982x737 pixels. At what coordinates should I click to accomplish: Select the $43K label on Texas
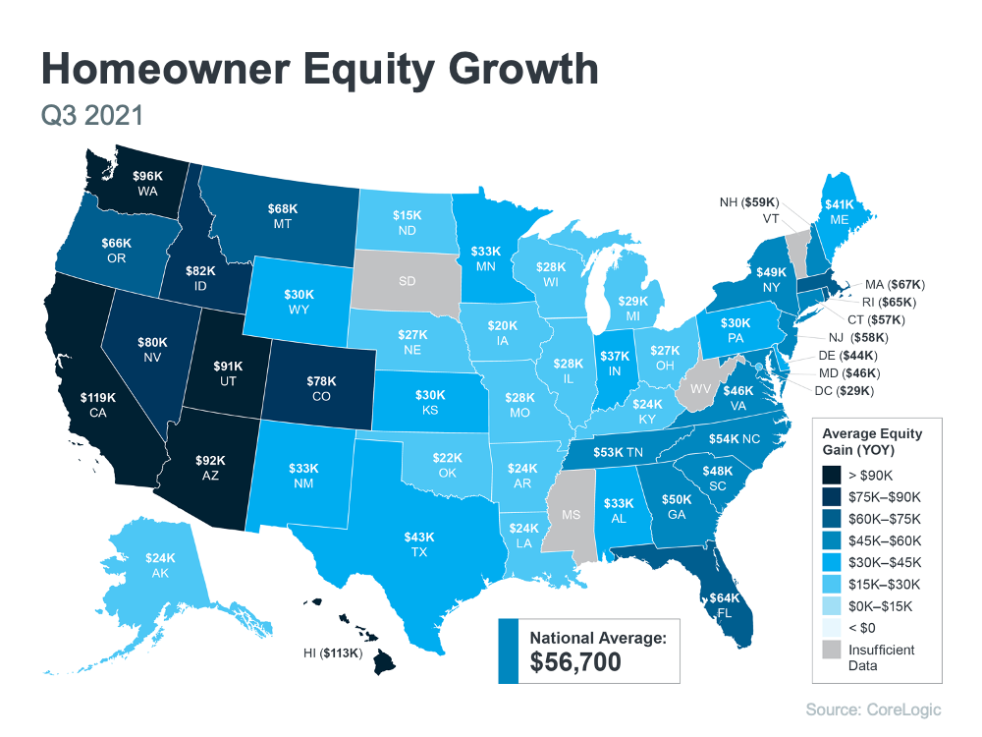click(x=417, y=538)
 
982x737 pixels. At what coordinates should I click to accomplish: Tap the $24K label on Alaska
click(x=160, y=558)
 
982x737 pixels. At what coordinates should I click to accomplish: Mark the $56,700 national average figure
click(x=575, y=662)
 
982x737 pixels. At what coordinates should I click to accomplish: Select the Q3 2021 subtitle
click(x=92, y=115)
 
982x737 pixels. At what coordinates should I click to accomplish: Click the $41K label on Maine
click(x=839, y=204)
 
